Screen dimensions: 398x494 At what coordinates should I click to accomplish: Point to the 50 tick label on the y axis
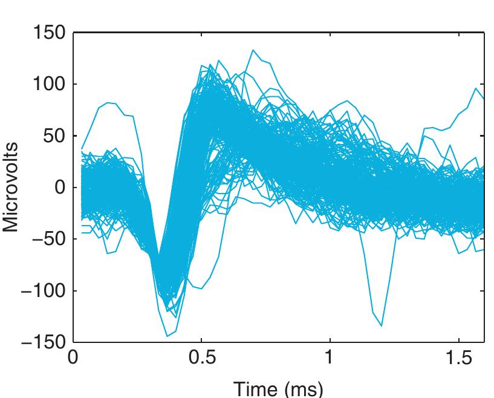click(x=53, y=135)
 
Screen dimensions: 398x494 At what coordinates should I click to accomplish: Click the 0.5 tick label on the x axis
click(x=201, y=358)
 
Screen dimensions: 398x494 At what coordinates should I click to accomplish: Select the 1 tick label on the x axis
click(x=330, y=358)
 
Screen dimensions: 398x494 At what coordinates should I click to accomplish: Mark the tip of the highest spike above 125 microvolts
click(x=253, y=50)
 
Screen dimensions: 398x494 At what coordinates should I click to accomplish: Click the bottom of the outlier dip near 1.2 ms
click(x=382, y=325)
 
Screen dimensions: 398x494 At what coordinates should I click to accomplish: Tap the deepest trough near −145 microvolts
click(x=167, y=336)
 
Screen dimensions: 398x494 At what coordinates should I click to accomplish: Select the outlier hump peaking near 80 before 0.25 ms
click(x=108, y=103)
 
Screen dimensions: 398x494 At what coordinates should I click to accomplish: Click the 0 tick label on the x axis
click(x=73, y=358)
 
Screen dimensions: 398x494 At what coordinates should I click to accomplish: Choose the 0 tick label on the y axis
click(x=59, y=187)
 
